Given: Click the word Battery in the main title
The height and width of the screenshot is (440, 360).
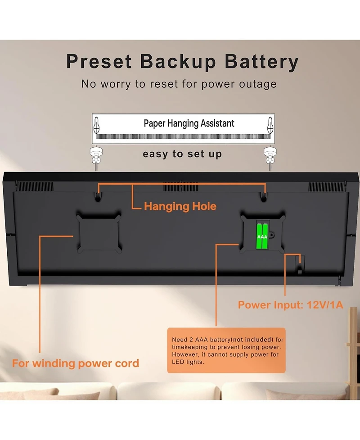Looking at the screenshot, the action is [261, 62].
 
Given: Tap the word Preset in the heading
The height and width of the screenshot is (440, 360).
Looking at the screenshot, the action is [99, 61].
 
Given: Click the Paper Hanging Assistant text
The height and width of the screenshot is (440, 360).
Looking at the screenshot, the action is [189, 123].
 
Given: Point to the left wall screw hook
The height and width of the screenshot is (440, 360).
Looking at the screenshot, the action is [96, 158].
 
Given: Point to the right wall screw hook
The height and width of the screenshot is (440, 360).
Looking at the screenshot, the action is [270, 158].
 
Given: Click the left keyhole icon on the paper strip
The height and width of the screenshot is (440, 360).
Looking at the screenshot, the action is [96, 125].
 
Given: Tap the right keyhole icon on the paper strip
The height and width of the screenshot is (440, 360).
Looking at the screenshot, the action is [270, 125].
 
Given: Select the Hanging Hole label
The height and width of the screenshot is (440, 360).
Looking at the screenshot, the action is [180, 206].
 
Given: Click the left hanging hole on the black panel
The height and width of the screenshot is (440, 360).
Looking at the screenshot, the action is [98, 198].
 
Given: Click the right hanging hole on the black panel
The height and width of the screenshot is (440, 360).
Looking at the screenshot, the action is [264, 198].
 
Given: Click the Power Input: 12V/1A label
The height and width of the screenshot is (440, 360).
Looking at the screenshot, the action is [290, 305].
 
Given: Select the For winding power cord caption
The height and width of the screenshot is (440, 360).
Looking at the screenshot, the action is [76, 363].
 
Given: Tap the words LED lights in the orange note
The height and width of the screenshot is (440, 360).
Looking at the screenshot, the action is [188, 362].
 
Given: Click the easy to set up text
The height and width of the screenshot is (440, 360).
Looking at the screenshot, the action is [182, 154].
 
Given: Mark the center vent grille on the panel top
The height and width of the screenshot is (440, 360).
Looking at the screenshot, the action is [180, 187].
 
